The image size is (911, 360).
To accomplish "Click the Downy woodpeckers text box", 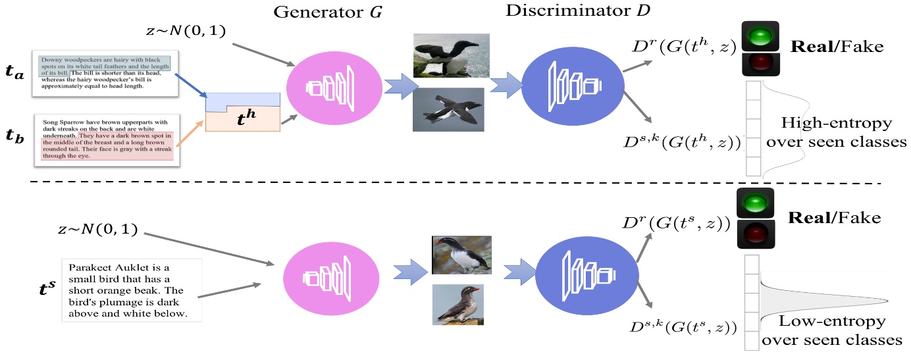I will [x=103, y=72].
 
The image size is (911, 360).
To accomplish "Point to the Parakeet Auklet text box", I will [x=131, y=290].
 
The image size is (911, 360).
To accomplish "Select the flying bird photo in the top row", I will [x=448, y=109].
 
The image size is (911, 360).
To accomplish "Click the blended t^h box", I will [x=243, y=113].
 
